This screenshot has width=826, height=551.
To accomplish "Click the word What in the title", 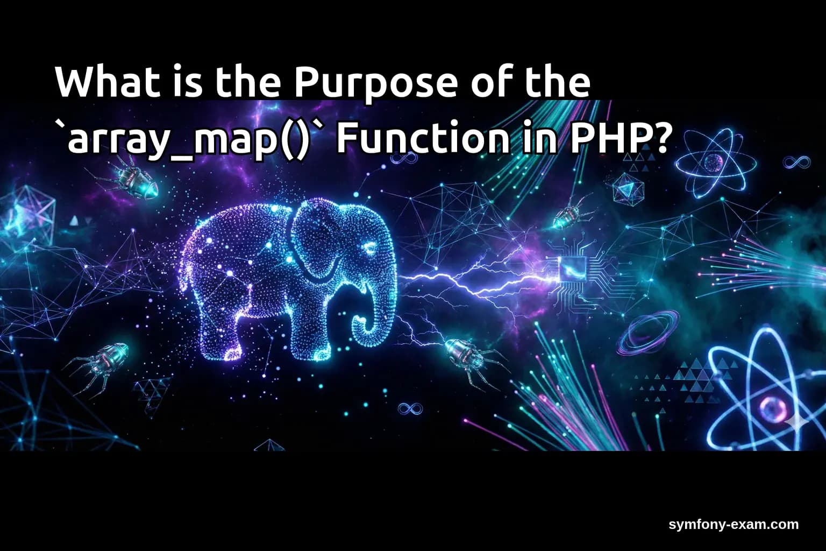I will pyautogui.click(x=102, y=82).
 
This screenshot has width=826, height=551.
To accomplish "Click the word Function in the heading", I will pyautogui.click(x=422, y=138).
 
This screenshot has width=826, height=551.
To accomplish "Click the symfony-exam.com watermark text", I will pyautogui.click(x=734, y=525).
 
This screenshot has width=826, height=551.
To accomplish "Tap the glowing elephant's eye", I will pyautogui.click(x=371, y=248).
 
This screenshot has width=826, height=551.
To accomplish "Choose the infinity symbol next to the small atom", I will pyautogui.click(x=796, y=161).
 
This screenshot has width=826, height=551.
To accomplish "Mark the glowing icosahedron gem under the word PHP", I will pyautogui.click(x=626, y=189).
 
